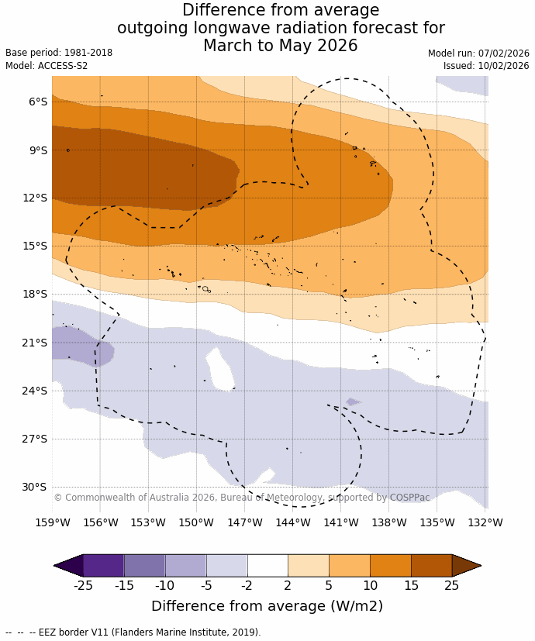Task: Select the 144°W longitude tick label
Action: pyautogui.click(x=293, y=522)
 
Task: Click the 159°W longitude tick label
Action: pyautogui.click(x=52, y=522)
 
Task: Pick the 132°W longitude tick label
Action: pyautogui.click(x=485, y=522)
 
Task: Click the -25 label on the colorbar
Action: pyautogui.click(x=83, y=585)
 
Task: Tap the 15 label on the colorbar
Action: pyautogui.click(x=411, y=585)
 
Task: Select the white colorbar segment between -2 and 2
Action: pyautogui.click(x=267, y=566)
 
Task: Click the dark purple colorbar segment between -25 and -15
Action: pyautogui.click(x=103, y=566)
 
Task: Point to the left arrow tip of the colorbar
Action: pyautogui.click(x=56, y=566)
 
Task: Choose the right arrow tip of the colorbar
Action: pyautogui.click(x=479, y=566)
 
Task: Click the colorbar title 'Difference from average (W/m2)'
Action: pyautogui.click(x=267, y=606)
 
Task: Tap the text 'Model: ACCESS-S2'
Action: pyautogui.click(x=47, y=66)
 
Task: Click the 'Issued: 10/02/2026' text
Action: pyautogui.click(x=486, y=66)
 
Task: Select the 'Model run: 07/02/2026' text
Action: pyautogui.click(x=478, y=53)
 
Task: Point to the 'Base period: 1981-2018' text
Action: pyautogui.click(x=59, y=53)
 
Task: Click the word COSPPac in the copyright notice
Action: pyautogui.click(x=409, y=498)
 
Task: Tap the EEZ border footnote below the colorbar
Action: pyautogui.click(x=133, y=632)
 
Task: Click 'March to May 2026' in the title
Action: pyautogui.click(x=281, y=46)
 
